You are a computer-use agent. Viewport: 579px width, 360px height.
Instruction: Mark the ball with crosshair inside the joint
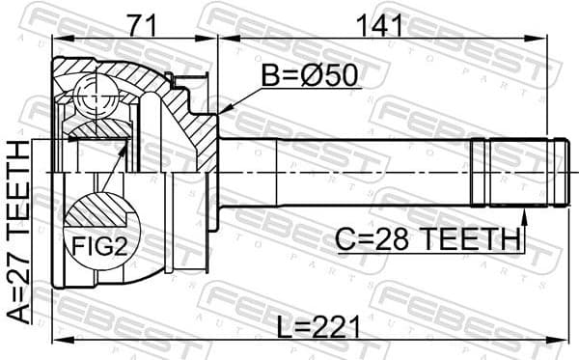tap(93, 99)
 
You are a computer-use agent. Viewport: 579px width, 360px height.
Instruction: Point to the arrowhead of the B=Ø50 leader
tap(221, 114)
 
